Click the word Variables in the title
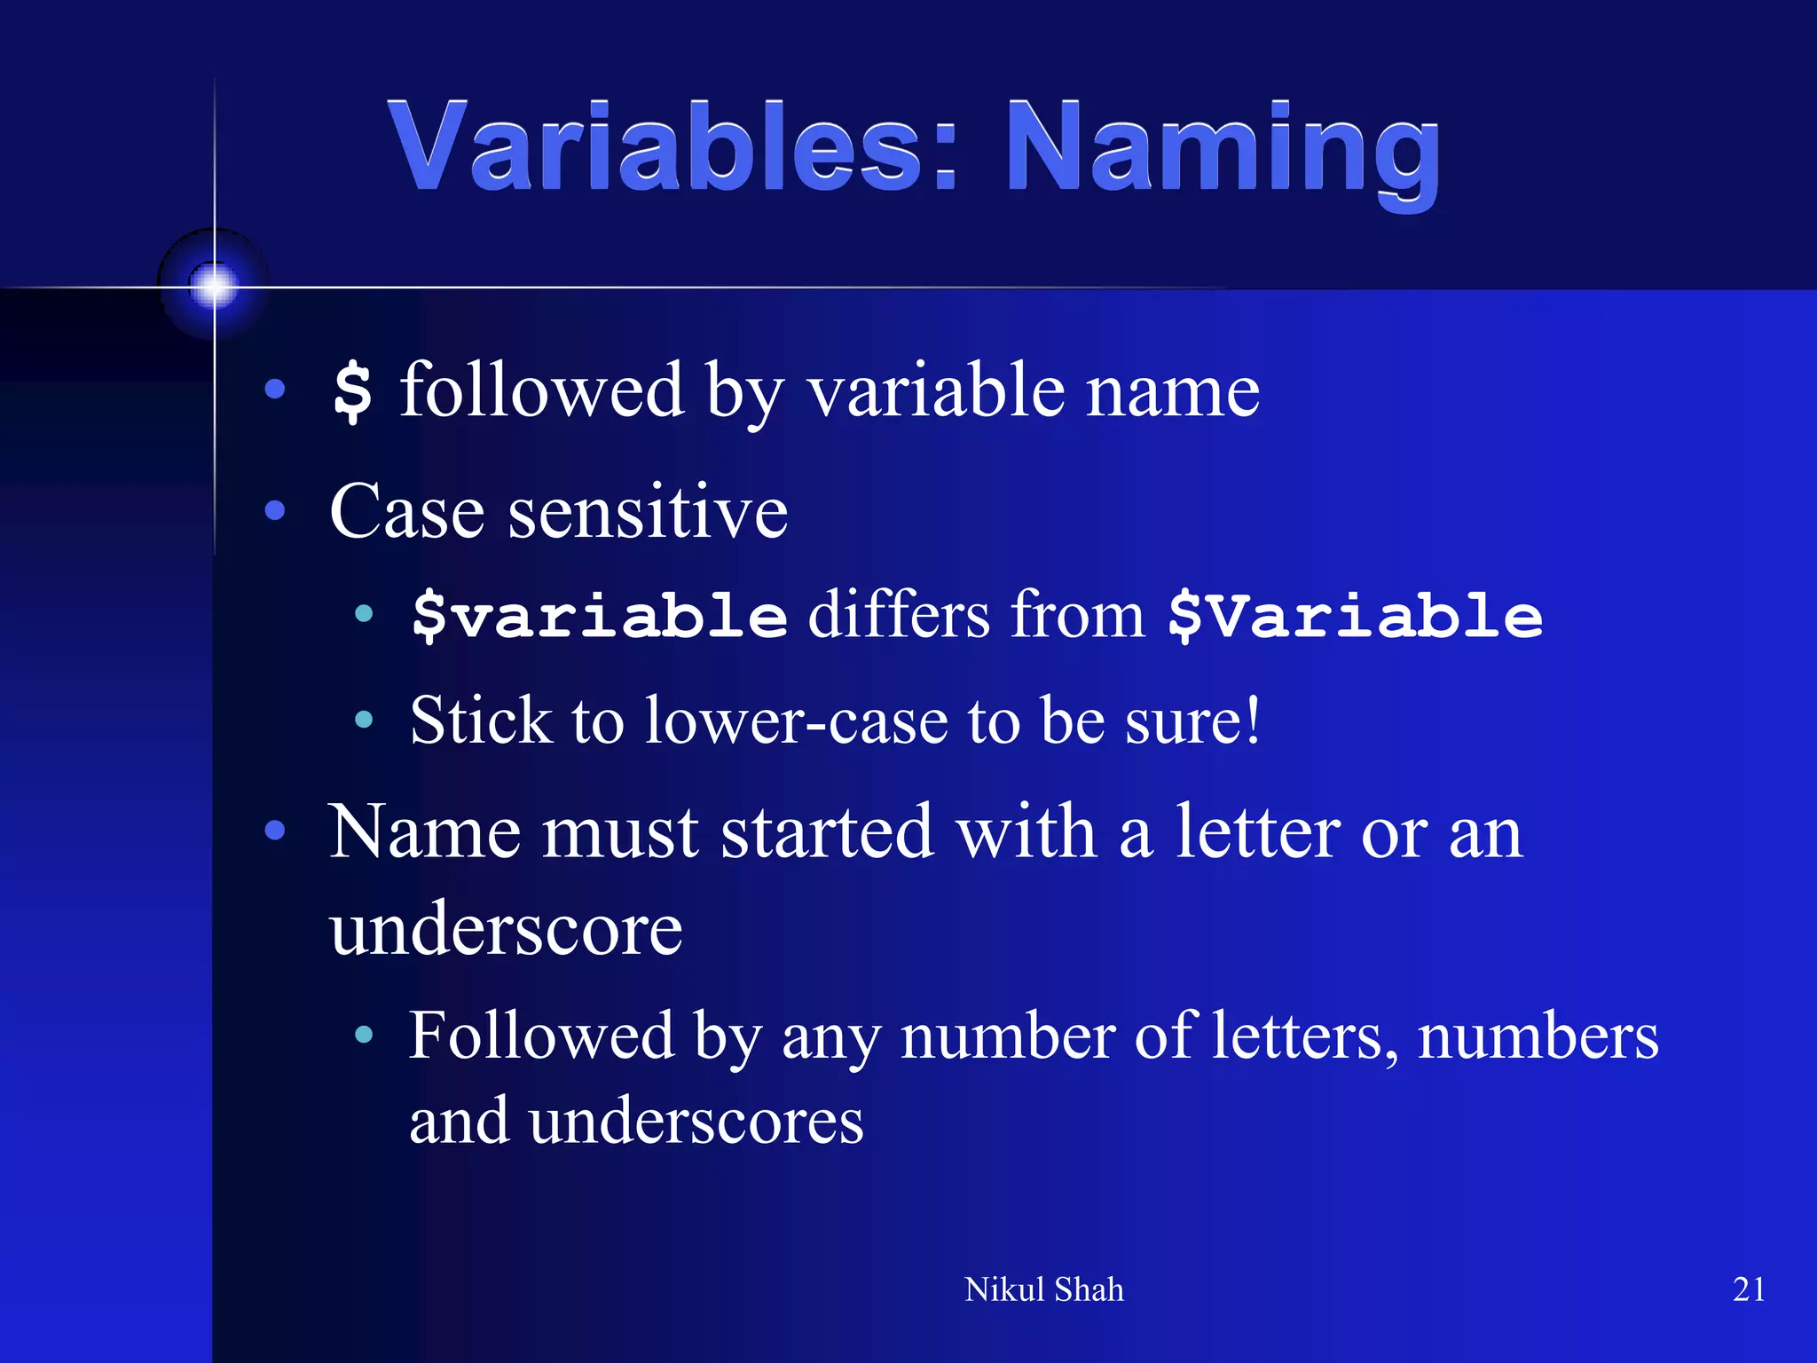(657, 146)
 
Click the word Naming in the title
(1223, 151)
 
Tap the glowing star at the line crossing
(214, 286)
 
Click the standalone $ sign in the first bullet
(352, 391)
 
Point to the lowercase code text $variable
(600, 615)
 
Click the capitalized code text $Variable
(1355, 615)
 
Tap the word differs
(898, 615)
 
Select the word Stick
(480, 720)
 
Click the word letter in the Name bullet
(1257, 831)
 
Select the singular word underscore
(506, 929)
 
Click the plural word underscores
(696, 1121)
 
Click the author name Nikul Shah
(1043, 1289)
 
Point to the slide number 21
(1748, 1289)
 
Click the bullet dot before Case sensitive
(275, 511)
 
